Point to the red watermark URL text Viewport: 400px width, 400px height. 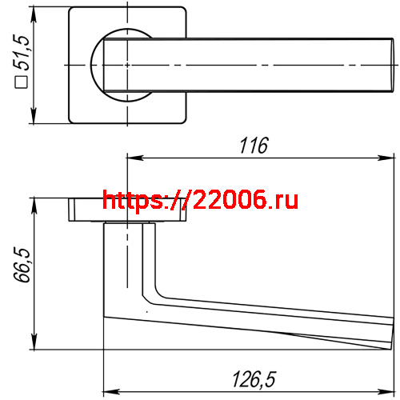pos(201,200)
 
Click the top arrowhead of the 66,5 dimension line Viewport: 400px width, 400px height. pos(34,202)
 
